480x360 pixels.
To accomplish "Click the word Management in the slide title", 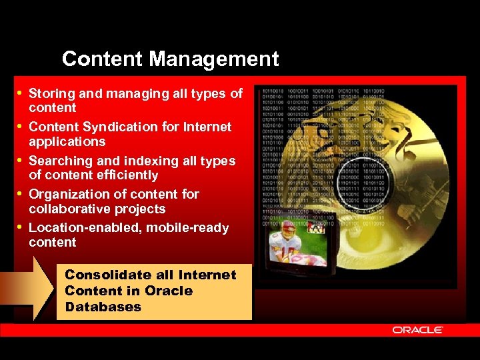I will (x=213, y=59).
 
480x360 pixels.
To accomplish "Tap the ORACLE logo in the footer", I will (x=417, y=330).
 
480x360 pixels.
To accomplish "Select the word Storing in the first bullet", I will (x=52, y=94).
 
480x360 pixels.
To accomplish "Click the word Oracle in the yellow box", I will (x=168, y=291).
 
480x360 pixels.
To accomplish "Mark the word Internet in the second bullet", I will (x=208, y=127).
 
